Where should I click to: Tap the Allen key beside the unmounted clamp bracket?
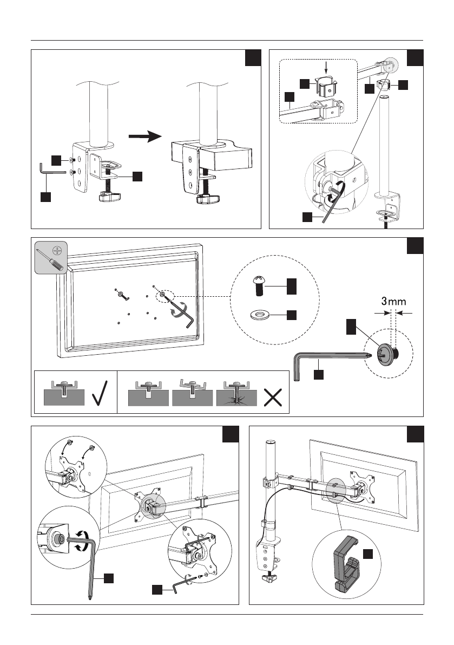pyautogui.click(x=51, y=172)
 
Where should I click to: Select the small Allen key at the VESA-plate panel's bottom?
pyautogui.click(x=179, y=585)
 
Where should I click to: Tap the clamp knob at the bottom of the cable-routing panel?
pyautogui.click(x=269, y=578)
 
